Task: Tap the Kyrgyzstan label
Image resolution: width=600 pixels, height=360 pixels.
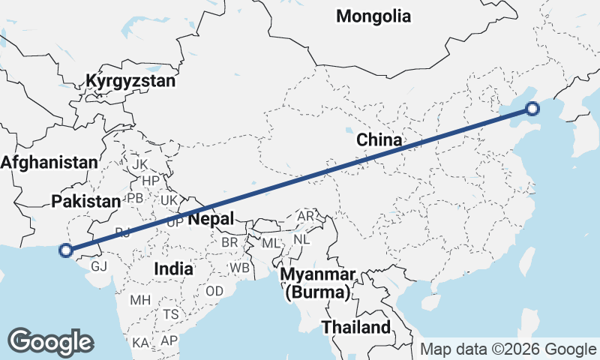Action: click(130, 81)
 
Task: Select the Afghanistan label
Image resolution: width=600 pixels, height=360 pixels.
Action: click(49, 162)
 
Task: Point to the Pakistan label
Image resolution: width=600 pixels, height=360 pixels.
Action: click(86, 200)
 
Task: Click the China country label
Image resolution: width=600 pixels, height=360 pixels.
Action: click(379, 139)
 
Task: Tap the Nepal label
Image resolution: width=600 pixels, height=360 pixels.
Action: click(211, 218)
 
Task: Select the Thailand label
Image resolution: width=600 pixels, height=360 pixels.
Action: click(356, 327)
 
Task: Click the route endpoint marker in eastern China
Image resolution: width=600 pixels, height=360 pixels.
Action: click(532, 109)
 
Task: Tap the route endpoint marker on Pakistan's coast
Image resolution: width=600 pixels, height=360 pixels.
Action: click(66, 250)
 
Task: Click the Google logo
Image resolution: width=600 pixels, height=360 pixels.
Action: click(50, 342)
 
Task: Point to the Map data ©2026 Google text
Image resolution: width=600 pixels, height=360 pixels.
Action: click(508, 349)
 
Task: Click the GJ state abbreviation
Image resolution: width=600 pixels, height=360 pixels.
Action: click(99, 266)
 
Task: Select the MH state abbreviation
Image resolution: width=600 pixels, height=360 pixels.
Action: click(140, 300)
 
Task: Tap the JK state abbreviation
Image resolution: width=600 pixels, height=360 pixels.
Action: click(139, 163)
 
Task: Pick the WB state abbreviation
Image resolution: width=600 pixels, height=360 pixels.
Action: click(240, 268)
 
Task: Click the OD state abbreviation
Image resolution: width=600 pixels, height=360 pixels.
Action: click(214, 291)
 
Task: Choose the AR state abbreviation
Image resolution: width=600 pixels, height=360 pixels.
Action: click(306, 216)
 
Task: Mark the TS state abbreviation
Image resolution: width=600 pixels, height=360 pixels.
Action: click(171, 314)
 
